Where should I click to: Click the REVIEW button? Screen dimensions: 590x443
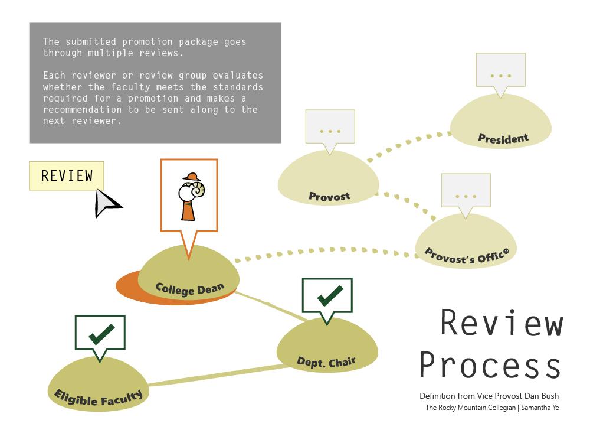pyautogui.click(x=67, y=176)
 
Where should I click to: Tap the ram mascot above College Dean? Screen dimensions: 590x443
pyautogui.click(x=192, y=197)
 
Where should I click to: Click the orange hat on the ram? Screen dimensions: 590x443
pyautogui.click(x=192, y=177)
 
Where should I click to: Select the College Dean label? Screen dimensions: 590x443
pyautogui.click(x=189, y=289)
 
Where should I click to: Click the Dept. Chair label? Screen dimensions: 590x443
pyautogui.click(x=326, y=362)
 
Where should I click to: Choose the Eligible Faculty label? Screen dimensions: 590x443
pyautogui.click(x=99, y=398)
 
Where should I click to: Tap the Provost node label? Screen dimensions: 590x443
pyautogui.click(x=329, y=196)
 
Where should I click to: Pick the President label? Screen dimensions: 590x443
pyautogui.click(x=503, y=138)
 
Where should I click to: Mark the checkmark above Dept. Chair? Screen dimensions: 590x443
pyautogui.click(x=330, y=295)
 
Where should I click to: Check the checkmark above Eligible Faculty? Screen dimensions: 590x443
pyautogui.click(x=101, y=334)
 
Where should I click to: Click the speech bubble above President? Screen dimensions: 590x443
pyautogui.click(x=500, y=74)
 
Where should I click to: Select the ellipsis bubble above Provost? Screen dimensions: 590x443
pyautogui.click(x=330, y=130)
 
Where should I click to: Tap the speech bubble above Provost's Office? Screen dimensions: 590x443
pyautogui.click(x=466, y=194)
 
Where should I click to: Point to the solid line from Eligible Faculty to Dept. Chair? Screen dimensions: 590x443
pyautogui.click(x=218, y=375)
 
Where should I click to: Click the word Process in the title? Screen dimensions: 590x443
pyautogui.click(x=490, y=364)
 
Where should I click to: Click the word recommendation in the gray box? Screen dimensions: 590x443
pyautogui.click(x=82, y=110)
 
